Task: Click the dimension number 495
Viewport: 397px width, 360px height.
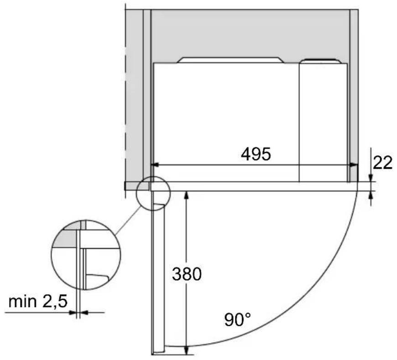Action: [256, 154]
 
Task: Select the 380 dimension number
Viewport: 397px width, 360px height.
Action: [187, 274]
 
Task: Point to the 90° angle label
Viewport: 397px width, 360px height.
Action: [237, 319]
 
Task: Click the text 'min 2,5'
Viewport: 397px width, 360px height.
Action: [38, 301]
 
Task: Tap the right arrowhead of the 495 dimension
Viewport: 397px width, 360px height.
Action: [354, 165]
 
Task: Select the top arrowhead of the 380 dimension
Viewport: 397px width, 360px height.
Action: [186, 195]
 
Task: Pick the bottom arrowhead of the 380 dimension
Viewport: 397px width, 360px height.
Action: [186, 350]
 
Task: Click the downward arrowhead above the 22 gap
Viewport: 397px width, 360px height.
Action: [371, 178]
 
